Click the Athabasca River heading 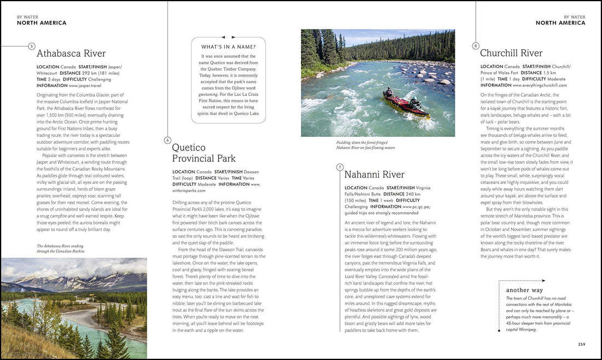pyautogui.click(x=71, y=54)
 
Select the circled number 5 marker pyautogui.click(x=31, y=47)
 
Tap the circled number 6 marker pyautogui.click(x=167, y=140)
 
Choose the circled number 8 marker pyautogui.click(x=476, y=46)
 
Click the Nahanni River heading pyautogui.click(x=374, y=175)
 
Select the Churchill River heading pyautogui.click(x=511, y=53)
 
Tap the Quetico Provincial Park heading pyautogui.click(x=204, y=153)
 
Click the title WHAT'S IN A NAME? pyautogui.click(x=228, y=47)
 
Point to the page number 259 pyautogui.click(x=581, y=344)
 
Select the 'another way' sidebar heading pyautogui.click(x=524, y=290)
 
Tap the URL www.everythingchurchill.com pyautogui.click(x=540, y=85)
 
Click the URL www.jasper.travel pyautogui.click(x=84, y=85)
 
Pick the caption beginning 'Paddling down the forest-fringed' pyautogui.click(x=366, y=145)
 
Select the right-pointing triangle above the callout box pyautogui.click(x=238, y=37)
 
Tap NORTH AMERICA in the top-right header pyautogui.click(x=560, y=23)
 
